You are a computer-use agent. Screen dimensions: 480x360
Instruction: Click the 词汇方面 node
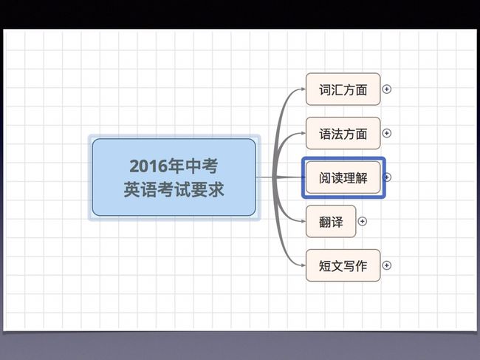point(343,89)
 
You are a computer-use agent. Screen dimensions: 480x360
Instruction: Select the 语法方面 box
point(343,133)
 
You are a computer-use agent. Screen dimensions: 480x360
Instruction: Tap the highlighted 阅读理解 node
point(343,177)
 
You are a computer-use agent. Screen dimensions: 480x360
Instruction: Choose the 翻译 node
point(331,221)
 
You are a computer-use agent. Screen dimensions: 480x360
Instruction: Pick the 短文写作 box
point(343,265)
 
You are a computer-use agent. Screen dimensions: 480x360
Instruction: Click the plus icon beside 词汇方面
point(387,89)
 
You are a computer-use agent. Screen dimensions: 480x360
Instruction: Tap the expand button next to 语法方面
point(387,133)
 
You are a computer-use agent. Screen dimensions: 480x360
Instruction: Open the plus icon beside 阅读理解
point(387,177)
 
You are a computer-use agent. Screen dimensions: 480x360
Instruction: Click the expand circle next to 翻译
point(362,221)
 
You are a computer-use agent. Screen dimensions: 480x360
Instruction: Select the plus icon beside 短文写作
point(387,265)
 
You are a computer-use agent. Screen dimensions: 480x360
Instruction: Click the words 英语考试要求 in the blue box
point(174,189)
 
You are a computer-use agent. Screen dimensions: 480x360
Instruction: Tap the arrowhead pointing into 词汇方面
point(303,89)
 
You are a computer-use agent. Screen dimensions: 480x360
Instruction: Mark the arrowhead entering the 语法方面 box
point(303,133)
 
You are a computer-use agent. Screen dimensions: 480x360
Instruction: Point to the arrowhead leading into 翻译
point(303,221)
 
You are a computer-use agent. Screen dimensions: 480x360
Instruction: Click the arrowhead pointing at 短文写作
point(303,265)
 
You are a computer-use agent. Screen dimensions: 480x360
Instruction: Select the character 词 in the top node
point(325,89)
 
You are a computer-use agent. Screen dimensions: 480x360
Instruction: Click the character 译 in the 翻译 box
point(337,222)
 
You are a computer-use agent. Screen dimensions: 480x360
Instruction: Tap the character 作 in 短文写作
point(361,266)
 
